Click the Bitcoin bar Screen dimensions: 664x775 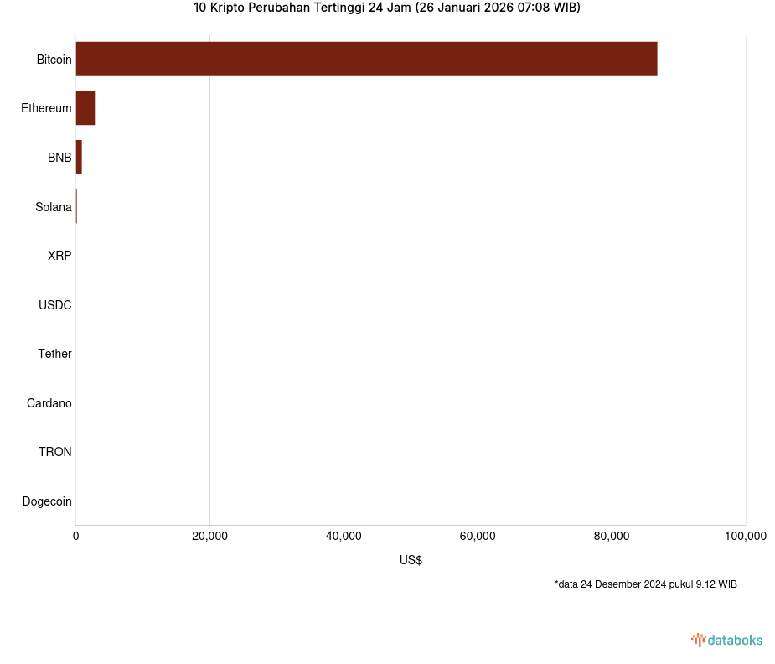[x=366, y=59]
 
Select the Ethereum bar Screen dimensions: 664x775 [x=85, y=108]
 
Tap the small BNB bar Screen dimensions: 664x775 [x=79, y=158]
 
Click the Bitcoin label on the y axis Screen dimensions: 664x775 [x=54, y=60]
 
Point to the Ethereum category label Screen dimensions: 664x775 [x=46, y=108]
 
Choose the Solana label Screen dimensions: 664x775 [x=53, y=207]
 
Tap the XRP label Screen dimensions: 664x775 [x=59, y=256]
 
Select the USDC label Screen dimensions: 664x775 [x=54, y=305]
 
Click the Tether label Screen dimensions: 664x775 [x=54, y=354]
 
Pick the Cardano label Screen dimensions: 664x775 [x=49, y=403]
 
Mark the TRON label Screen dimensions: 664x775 [x=54, y=452]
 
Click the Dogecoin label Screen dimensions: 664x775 [x=47, y=501]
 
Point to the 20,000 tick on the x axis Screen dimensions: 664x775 [x=209, y=537]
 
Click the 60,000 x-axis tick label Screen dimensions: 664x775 [x=478, y=537]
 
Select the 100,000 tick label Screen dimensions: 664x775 [x=745, y=537]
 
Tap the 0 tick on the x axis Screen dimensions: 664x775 [x=76, y=537]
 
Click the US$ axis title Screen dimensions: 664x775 [x=411, y=560]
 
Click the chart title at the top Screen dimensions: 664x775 [x=386, y=8]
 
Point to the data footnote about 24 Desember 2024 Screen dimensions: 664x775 [x=645, y=584]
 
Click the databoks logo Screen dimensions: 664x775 [x=727, y=641]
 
